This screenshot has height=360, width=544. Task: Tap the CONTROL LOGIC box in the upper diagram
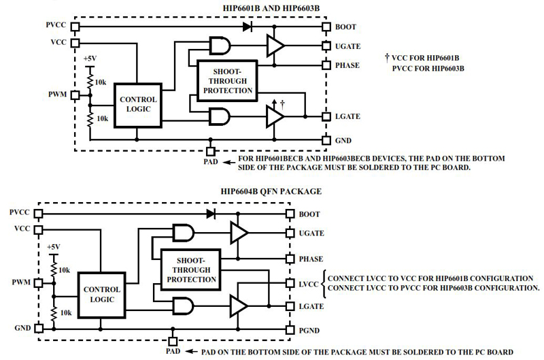coord(138,104)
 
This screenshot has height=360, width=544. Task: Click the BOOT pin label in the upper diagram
coord(345,27)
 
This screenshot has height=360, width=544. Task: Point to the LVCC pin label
coord(309,284)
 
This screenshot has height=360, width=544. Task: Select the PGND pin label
coord(310,330)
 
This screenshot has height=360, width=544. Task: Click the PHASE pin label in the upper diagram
coord(347,65)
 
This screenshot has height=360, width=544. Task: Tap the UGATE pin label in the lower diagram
coord(311,233)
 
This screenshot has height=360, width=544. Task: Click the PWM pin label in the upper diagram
coord(58,94)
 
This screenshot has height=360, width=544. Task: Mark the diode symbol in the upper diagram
coord(247,27)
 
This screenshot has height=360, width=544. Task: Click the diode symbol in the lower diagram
coord(211,214)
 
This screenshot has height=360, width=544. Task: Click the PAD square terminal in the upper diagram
coord(210,150)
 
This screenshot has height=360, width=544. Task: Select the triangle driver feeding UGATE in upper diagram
coord(275,46)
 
